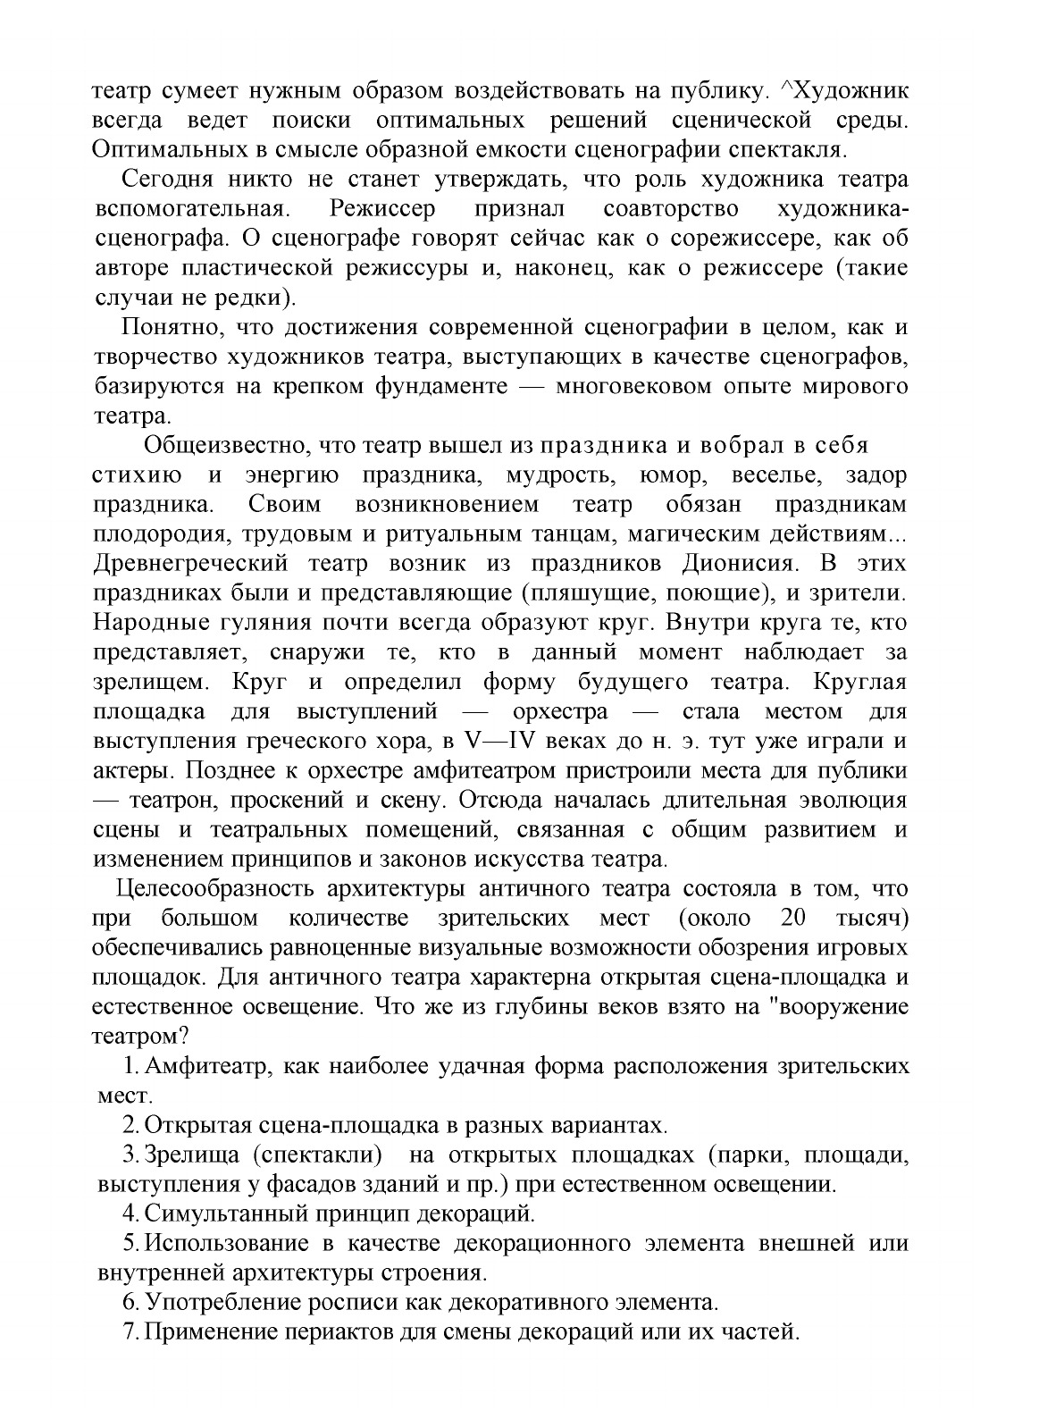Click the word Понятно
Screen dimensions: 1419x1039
(x=166, y=327)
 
